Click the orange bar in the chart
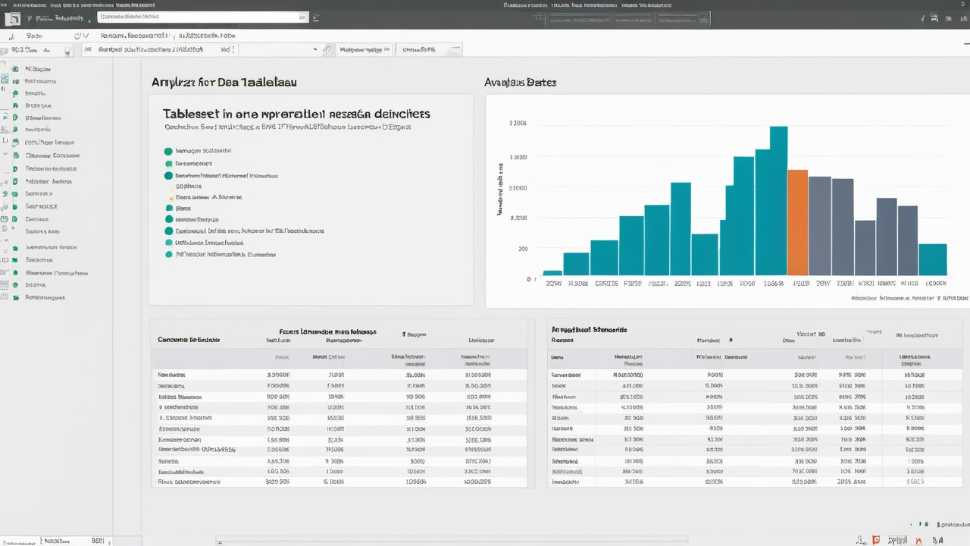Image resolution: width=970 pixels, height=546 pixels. [x=797, y=222]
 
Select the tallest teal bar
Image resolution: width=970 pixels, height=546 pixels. [x=778, y=201]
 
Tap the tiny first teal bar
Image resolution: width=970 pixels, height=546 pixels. [x=552, y=272]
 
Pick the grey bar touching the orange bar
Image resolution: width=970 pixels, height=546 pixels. [x=819, y=225]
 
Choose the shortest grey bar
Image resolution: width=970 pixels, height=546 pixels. [x=865, y=247]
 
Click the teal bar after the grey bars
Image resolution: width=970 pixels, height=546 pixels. [x=932, y=259]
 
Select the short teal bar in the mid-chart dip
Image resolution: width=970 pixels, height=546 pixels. [x=704, y=254]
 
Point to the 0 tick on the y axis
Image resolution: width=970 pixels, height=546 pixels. [x=529, y=279]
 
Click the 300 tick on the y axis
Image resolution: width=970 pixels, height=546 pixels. [x=522, y=249]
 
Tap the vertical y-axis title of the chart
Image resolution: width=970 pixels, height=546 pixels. [x=500, y=189]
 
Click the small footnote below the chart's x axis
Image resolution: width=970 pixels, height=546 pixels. [x=909, y=299]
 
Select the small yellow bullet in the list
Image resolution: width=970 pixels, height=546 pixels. [x=171, y=197]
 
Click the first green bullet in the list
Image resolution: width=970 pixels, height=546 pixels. [x=168, y=151]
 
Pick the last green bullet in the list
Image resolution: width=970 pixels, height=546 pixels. [x=169, y=255]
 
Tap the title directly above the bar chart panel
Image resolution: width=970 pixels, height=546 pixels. [x=520, y=82]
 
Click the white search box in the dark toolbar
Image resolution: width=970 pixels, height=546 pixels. [x=203, y=16]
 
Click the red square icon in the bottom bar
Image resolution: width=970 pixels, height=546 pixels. [x=876, y=540]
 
